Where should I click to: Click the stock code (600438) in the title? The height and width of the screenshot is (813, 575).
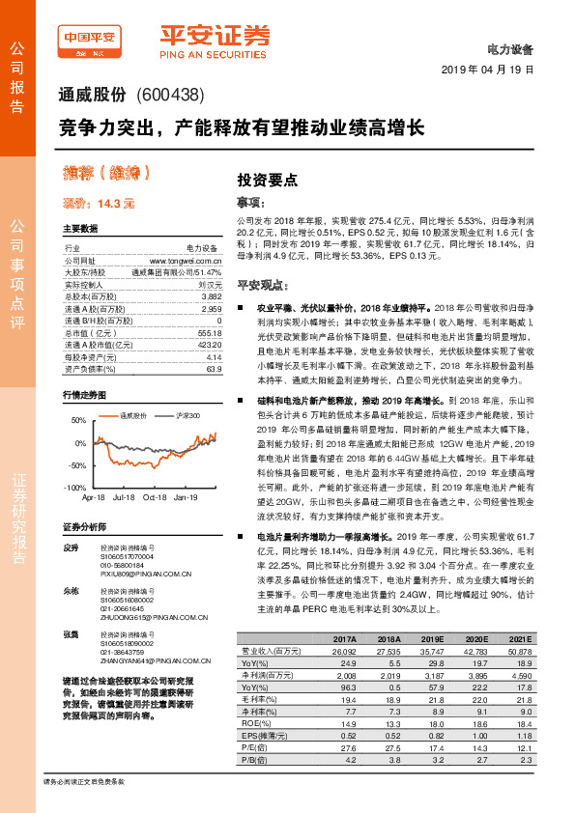point(170,95)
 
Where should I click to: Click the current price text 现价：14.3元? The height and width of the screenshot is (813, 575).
point(99,204)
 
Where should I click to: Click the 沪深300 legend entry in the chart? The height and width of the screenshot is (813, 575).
point(186,415)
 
